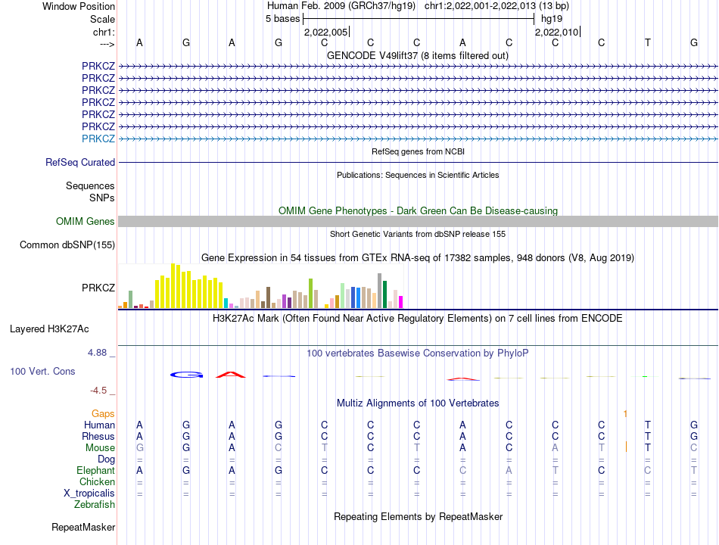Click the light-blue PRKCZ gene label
(x=98, y=139)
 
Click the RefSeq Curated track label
(x=80, y=163)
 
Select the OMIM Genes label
(x=86, y=222)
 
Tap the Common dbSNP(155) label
(x=67, y=245)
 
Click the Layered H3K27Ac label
(x=49, y=329)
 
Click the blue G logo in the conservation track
(x=187, y=375)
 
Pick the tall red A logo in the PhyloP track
(x=231, y=375)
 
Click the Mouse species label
(x=100, y=448)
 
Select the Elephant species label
(x=96, y=471)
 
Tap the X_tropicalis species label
(x=89, y=494)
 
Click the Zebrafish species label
(x=95, y=505)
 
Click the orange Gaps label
(x=103, y=414)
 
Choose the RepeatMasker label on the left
(x=83, y=528)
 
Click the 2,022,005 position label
(x=326, y=32)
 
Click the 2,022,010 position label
(x=557, y=32)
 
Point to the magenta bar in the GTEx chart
(x=401, y=302)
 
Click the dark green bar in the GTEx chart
(x=385, y=294)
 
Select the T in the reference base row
(x=647, y=42)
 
